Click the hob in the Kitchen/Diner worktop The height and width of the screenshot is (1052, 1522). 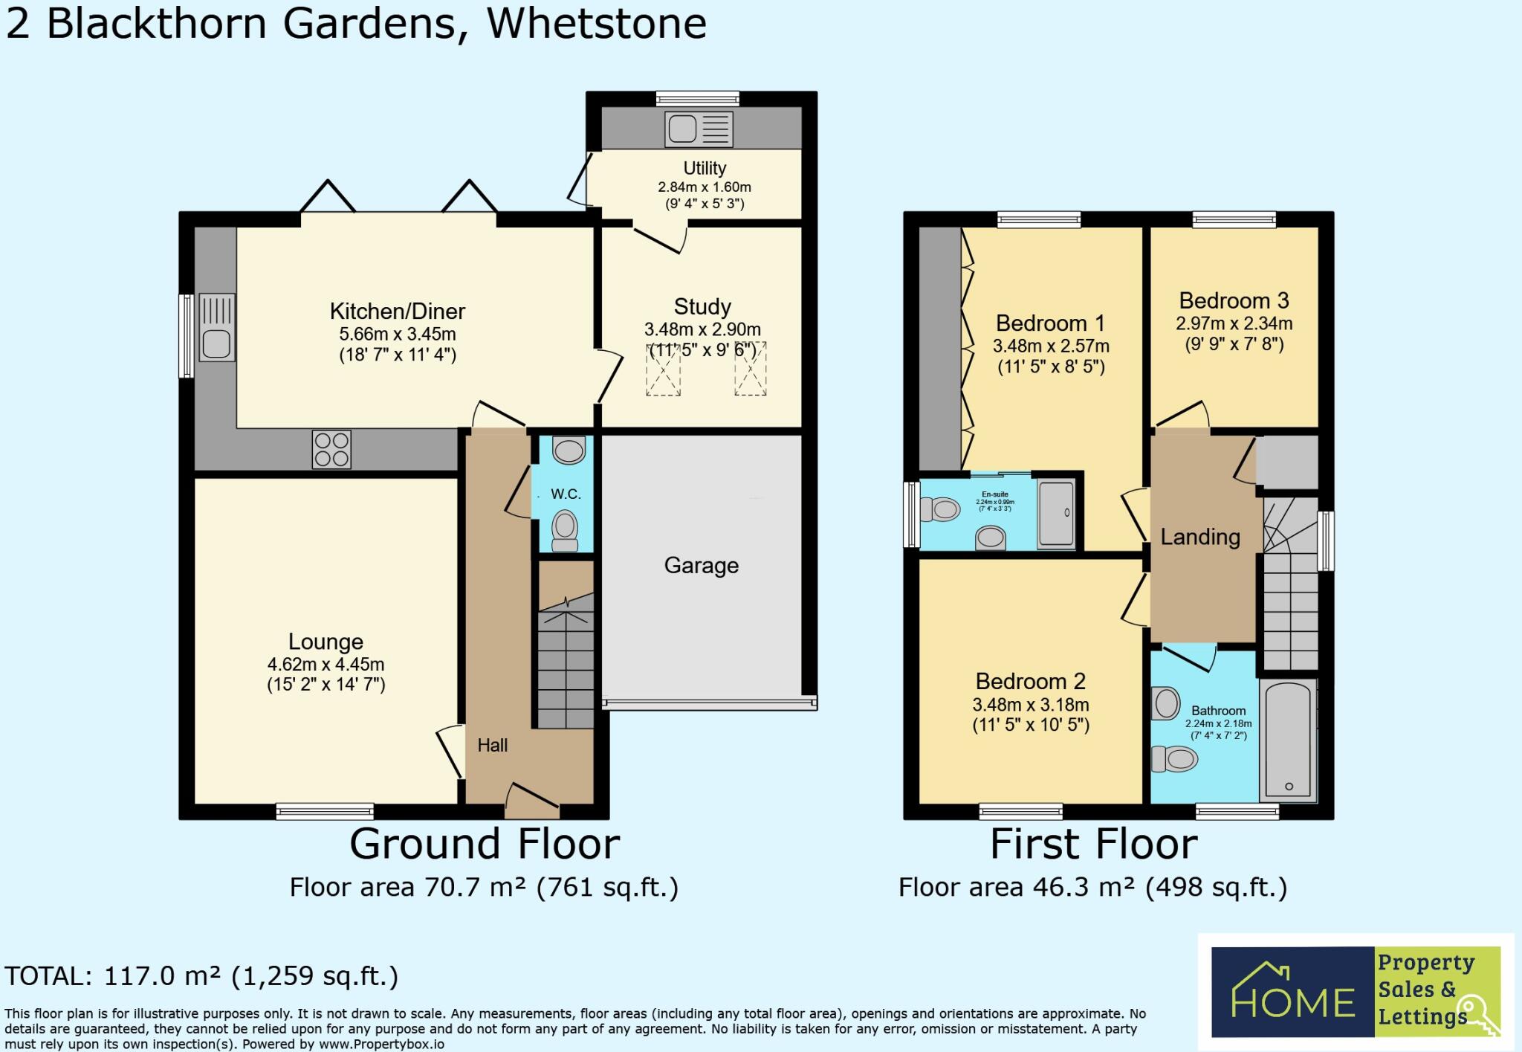click(332, 449)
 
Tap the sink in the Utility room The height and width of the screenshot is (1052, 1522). click(699, 129)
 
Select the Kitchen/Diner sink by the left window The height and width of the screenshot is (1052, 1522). click(217, 328)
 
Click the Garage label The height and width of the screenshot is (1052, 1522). click(701, 566)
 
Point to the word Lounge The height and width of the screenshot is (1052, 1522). click(326, 642)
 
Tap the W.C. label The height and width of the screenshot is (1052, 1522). click(566, 494)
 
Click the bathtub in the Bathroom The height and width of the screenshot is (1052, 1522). click(1289, 739)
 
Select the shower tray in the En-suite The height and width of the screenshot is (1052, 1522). click(1056, 513)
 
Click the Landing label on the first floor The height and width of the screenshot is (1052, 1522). click(1200, 537)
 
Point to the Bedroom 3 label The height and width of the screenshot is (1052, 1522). click(1234, 300)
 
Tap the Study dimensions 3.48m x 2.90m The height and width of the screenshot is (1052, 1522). click(702, 329)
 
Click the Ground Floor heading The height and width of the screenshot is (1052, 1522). click(485, 844)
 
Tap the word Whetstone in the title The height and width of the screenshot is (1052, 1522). click(596, 24)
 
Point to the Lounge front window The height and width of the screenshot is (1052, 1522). click(325, 812)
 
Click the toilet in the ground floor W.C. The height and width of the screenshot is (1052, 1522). click(566, 529)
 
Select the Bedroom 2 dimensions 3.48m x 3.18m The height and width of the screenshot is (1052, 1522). click(1031, 704)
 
